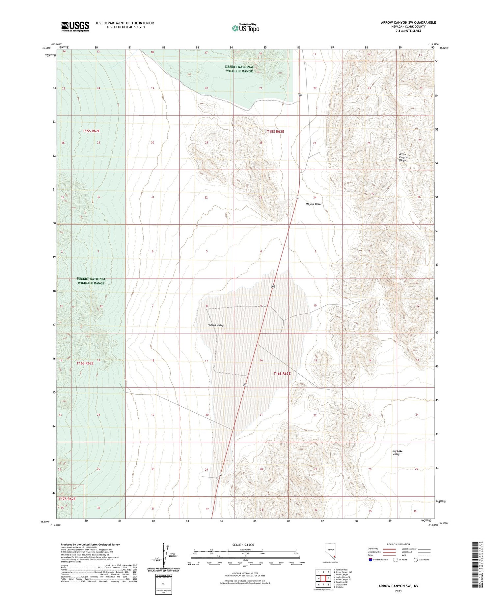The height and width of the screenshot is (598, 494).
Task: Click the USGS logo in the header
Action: (75, 26)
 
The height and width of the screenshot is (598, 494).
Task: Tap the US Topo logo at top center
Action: (245, 28)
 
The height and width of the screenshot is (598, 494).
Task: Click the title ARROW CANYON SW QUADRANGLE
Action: (408, 22)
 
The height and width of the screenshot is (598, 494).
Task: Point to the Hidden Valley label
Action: (216, 325)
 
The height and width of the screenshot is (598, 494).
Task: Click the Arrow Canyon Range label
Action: (403, 157)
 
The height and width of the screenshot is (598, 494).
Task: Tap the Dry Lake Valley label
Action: (397, 453)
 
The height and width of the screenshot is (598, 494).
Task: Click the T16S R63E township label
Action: (282, 374)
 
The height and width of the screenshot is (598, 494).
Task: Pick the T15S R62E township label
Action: (91, 131)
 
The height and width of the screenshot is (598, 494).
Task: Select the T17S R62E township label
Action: (67, 499)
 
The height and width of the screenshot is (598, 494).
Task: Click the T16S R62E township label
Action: (85, 363)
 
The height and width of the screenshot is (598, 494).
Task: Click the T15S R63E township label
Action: (275, 131)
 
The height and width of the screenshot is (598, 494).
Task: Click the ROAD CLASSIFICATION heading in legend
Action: (398, 544)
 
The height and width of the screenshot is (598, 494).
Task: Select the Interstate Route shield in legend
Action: (371, 560)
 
